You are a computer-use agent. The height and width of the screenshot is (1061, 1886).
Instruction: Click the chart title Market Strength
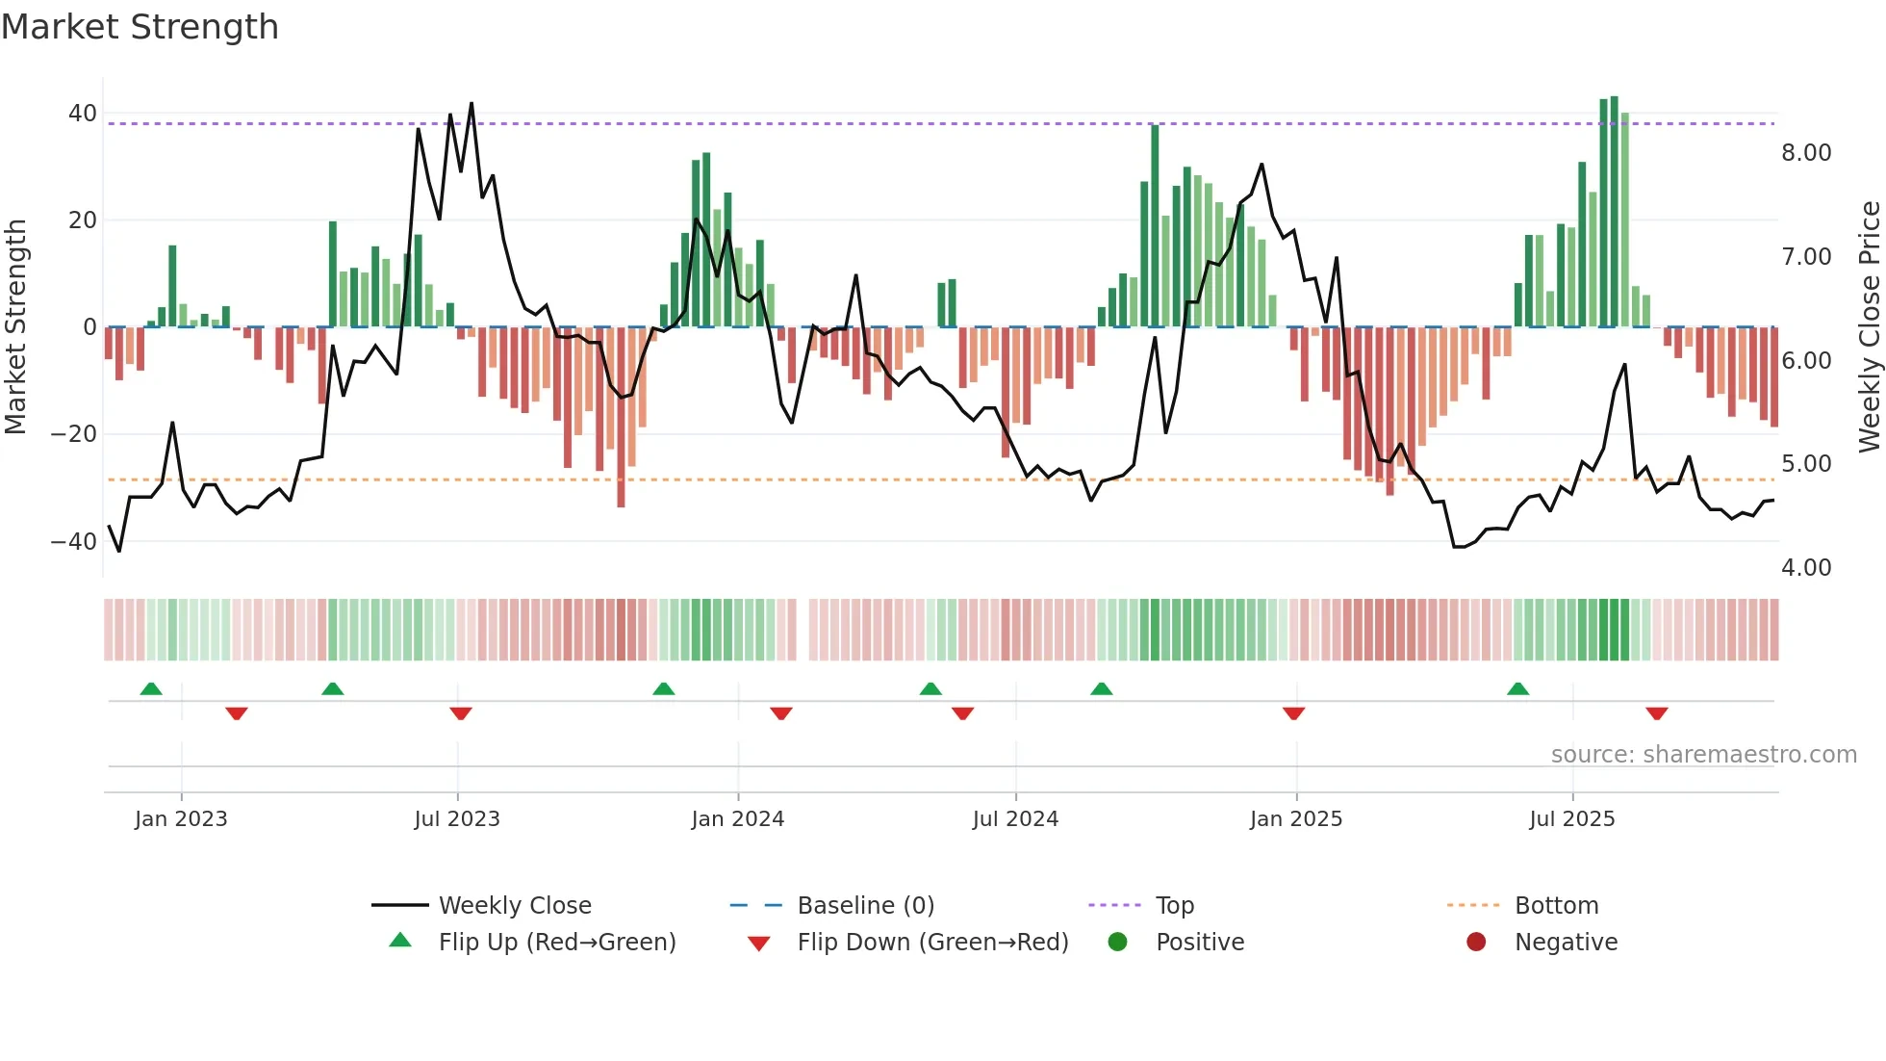140,27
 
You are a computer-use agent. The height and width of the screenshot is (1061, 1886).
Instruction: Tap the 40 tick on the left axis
83,114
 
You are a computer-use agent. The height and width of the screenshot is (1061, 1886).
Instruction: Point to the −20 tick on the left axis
74,434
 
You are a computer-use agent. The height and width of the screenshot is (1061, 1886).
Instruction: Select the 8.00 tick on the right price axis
1806,153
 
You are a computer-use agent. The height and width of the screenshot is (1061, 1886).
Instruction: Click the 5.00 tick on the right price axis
1806,464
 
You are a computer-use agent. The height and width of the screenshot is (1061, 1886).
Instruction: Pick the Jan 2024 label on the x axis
737,819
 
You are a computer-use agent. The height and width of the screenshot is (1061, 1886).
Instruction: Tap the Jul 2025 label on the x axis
1571,819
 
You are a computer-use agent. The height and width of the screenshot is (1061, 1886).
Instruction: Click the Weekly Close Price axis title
1869,327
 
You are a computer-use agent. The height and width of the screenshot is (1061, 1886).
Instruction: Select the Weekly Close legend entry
515,906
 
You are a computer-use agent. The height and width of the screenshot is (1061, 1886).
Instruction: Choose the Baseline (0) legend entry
865,906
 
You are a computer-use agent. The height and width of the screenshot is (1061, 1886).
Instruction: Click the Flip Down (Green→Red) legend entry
932,943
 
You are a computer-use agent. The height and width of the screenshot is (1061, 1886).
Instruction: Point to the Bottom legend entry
1556,906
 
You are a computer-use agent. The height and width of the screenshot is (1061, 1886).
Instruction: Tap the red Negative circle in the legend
1476,943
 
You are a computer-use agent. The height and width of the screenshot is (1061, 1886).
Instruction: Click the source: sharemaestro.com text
1703,755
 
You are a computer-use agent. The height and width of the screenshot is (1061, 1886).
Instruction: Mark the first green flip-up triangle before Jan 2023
151,688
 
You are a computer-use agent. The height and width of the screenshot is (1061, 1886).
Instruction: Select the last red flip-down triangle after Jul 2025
1656,713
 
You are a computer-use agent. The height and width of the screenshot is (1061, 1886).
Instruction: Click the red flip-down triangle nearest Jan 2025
1293,713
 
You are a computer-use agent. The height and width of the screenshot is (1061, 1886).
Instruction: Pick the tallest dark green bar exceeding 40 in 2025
1615,212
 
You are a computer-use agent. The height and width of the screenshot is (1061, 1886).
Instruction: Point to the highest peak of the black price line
471,103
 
